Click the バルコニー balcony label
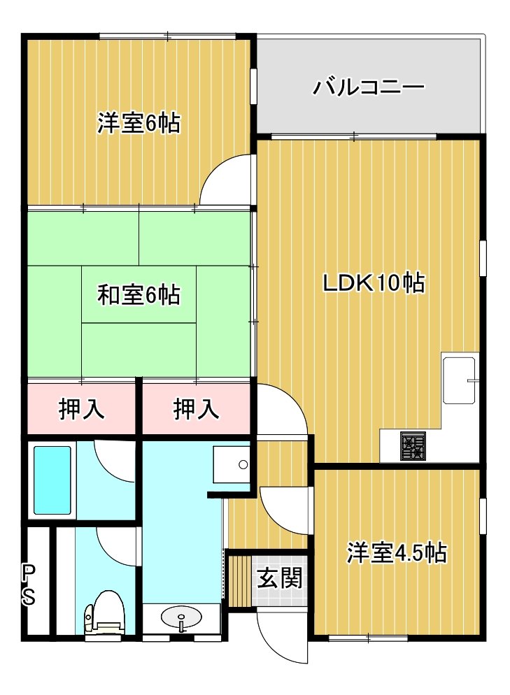pos(369,87)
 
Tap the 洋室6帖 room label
pos(139,123)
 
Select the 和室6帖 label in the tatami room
pos(139,295)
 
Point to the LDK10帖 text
pos(374,282)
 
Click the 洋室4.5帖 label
pos(397,553)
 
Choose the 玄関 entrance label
pos(280,578)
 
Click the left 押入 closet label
pos(82,408)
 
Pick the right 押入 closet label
pos(196,408)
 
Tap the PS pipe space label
pos(29,585)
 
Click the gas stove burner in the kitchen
pos(413,446)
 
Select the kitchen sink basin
pos(460,380)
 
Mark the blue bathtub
pos(52,480)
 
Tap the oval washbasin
pos(181,617)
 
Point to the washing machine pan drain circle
pos(243,464)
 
